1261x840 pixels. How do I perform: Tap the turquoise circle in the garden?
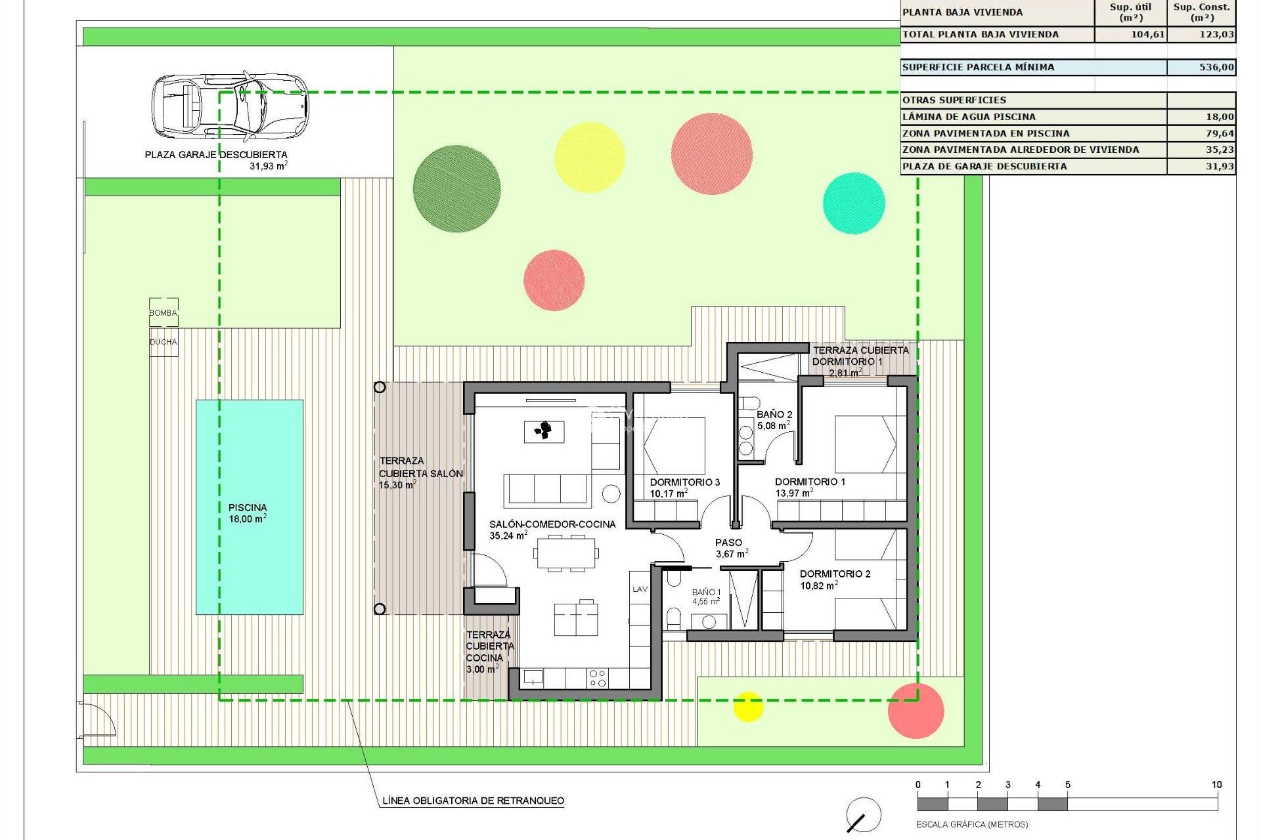(854, 203)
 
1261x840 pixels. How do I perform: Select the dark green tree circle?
(456, 188)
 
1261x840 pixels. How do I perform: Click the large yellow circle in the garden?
(589, 157)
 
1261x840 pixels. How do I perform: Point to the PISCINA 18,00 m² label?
(248, 513)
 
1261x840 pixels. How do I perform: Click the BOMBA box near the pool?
(164, 312)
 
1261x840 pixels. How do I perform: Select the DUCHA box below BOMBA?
(164, 342)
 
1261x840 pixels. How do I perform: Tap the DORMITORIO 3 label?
(684, 488)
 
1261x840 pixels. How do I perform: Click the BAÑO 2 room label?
(774, 419)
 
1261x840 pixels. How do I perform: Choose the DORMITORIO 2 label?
(834, 579)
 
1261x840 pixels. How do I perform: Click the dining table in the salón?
(566, 553)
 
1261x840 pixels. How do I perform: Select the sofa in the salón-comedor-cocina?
(547, 490)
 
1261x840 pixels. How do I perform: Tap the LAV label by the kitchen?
(640, 589)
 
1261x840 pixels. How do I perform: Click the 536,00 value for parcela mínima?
(1216, 67)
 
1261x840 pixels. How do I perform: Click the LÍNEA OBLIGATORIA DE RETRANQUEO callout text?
(473, 801)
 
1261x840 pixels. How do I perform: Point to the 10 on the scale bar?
(1216, 785)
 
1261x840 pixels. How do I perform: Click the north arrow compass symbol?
(863, 815)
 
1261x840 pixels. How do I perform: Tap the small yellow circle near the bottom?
(747, 706)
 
